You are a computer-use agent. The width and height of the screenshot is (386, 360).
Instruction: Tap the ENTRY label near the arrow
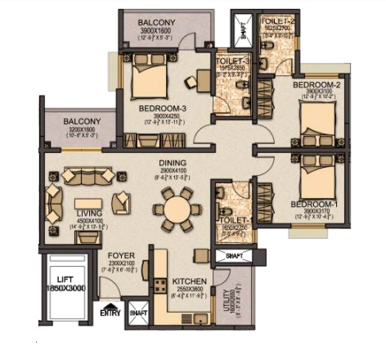tap(109, 313)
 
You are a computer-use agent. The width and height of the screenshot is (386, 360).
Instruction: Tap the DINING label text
tap(173, 162)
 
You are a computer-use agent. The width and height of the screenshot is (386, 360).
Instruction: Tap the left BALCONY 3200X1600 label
tap(80, 121)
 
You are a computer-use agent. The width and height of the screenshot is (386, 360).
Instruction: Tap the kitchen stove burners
tap(160, 287)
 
